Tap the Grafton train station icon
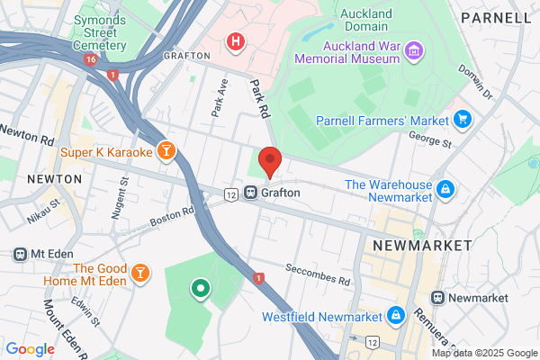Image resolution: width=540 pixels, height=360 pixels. coord(251,193)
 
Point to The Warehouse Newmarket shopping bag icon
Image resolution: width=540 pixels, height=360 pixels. coord(445,189)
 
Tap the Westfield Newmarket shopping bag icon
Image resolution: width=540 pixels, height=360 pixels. coord(395,316)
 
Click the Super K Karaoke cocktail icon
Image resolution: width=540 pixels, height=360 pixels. coord(165,152)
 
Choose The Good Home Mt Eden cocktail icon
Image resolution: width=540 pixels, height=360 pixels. coord(139,272)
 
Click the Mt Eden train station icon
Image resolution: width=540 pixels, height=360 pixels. coord(19,254)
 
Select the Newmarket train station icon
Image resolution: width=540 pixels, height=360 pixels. coord(438,297)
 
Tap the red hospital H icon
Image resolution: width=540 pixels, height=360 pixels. coord(236,41)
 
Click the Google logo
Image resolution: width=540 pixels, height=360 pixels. coord(30,348)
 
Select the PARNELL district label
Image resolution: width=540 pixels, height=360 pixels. coord(495,17)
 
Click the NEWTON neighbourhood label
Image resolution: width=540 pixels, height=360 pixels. coord(54,179)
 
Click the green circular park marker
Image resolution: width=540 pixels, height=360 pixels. coord(200,289)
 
